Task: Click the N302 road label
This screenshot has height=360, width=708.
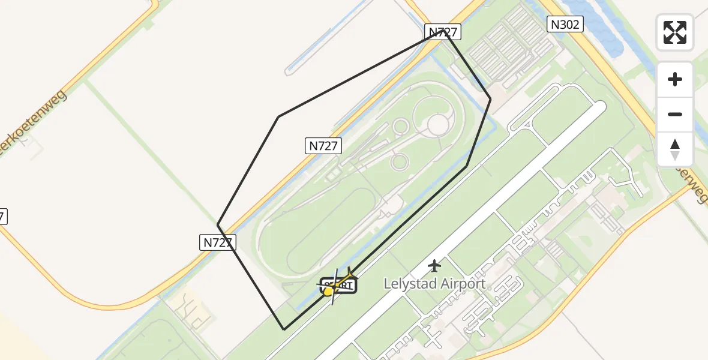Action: coord(565,24)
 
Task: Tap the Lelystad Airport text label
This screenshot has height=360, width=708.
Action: coord(434,283)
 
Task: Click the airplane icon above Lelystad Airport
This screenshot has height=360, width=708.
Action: coord(434,265)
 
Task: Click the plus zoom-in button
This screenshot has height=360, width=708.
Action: coord(675,80)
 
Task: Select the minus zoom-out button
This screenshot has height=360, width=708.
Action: coord(675,114)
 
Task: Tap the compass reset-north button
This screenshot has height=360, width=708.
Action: coord(675,149)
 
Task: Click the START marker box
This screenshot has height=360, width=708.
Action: coord(340,286)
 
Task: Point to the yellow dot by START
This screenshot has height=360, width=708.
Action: coord(328,292)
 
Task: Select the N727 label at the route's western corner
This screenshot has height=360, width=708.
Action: coord(217,242)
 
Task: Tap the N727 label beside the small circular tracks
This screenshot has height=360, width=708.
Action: coord(323,145)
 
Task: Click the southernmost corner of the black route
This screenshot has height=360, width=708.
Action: coord(284,329)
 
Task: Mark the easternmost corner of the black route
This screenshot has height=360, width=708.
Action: coord(491,99)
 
